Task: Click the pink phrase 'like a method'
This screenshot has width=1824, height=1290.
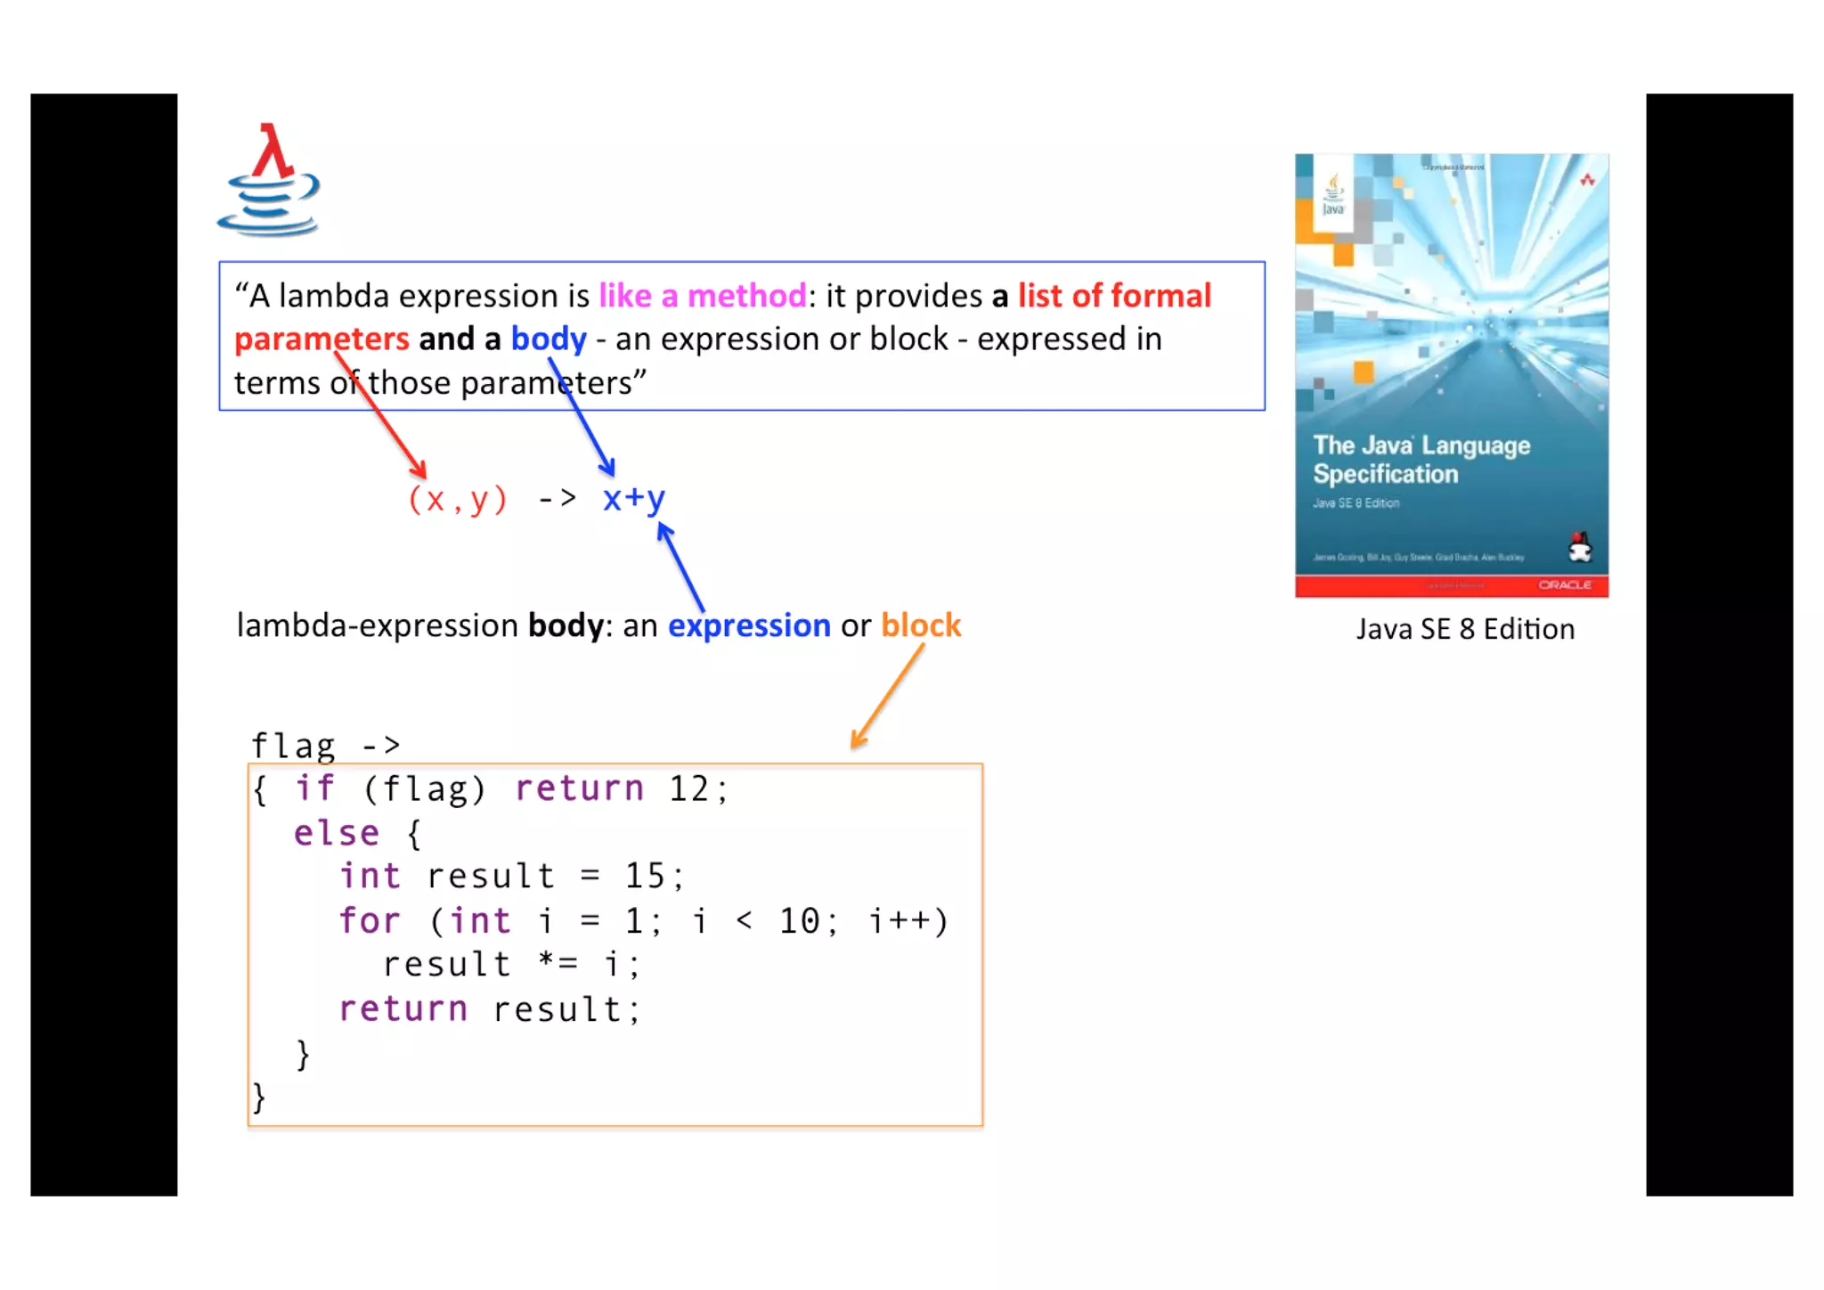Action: (702, 296)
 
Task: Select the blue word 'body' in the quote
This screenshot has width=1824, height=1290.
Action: (548, 339)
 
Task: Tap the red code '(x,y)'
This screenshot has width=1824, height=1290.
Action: (457, 499)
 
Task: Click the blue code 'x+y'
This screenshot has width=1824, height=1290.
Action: (633, 498)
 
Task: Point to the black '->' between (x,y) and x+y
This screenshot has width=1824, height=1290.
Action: (558, 498)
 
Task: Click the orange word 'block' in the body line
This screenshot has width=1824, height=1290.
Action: (921, 625)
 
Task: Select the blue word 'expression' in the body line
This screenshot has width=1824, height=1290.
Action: (749, 625)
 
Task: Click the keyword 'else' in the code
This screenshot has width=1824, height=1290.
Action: (337, 833)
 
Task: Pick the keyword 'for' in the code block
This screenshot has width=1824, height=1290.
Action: (369, 920)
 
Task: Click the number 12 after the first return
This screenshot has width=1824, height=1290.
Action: (688, 789)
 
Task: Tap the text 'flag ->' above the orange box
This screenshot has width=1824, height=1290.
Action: (325, 745)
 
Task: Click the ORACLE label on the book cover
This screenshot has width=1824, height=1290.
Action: (1564, 585)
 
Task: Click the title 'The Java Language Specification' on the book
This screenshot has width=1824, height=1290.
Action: (1421, 460)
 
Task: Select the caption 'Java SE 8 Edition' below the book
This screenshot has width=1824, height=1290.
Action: (1465, 630)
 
